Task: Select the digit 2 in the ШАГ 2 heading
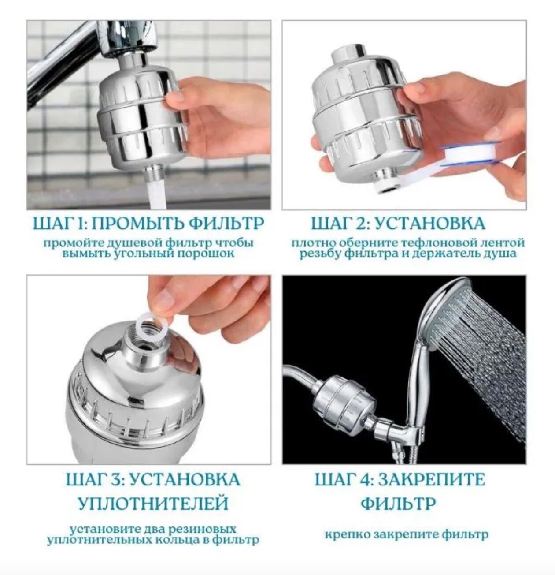tap(359, 224)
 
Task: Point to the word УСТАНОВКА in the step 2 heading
tap(426, 224)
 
